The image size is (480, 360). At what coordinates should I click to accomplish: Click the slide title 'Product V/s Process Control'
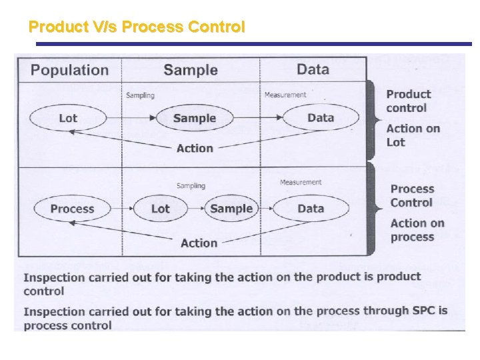pos(137,27)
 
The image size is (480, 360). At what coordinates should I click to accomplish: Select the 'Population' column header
pos(69,70)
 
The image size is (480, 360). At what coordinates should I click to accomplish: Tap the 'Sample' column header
pos(190,70)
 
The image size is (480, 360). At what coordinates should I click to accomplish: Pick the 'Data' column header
pos(313,69)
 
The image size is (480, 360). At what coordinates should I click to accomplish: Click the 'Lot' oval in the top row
pos(68,118)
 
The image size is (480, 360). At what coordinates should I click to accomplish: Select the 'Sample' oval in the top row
pos(195,118)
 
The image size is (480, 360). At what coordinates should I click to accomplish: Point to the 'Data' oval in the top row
pos(321,117)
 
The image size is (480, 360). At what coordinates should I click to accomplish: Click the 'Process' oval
pos(72,209)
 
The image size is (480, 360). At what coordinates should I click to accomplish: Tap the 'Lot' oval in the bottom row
pos(161,209)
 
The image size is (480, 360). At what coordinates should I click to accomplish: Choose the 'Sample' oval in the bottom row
pos(231,209)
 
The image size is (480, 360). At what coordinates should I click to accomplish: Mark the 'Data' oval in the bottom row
pos(311,209)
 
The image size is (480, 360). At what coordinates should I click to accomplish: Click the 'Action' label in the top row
pos(195,148)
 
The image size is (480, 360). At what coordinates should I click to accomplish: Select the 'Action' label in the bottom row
pos(199,243)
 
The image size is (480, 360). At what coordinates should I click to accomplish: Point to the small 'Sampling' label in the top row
pos(140,95)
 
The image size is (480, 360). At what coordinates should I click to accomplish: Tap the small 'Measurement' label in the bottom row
pos(301,182)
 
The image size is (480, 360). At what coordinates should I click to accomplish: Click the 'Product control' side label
pos(408,101)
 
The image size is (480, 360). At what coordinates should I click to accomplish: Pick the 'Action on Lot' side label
pos(413,135)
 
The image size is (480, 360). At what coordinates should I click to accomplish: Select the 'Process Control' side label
pos(411,196)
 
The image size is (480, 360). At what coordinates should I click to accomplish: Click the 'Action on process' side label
pos(417,231)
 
